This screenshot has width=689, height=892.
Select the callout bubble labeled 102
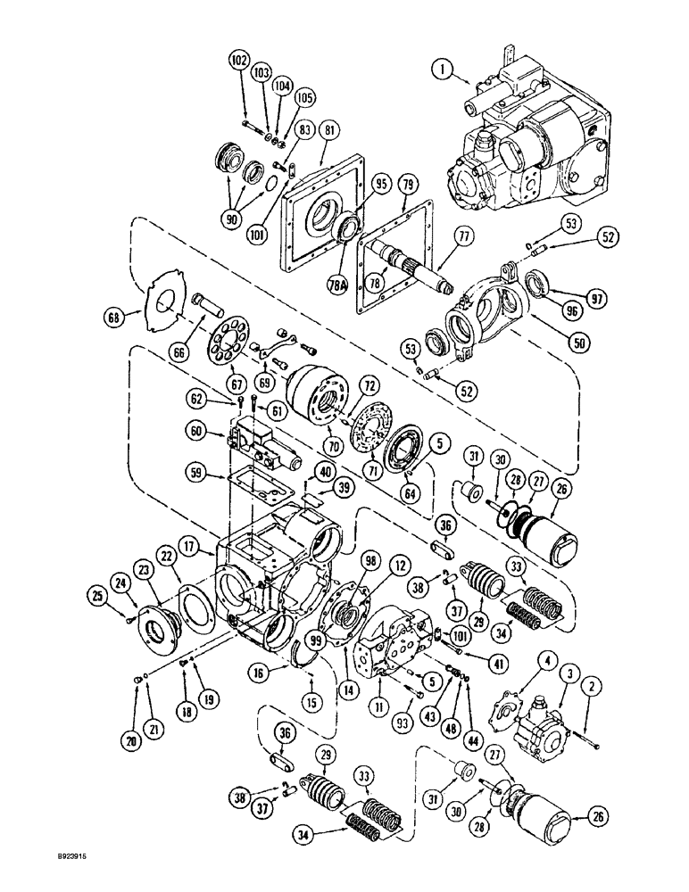point(238,62)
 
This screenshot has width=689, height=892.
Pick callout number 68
point(138,315)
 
